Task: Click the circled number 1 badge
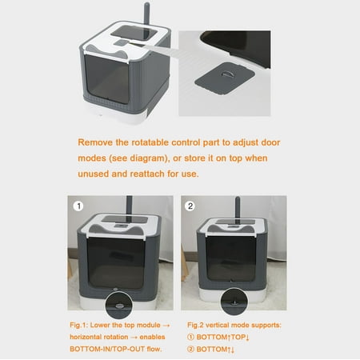coord(78,206)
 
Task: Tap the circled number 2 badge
coord(190,206)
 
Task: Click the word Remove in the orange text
coord(95,142)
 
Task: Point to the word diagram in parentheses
coord(148,158)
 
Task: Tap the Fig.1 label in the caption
coord(78,326)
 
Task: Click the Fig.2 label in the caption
coord(195,326)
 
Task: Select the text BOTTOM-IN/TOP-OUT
coord(107,349)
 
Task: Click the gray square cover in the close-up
coord(225,78)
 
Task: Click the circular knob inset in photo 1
coord(118,305)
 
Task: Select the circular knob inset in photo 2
coord(234,302)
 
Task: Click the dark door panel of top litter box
coord(107,79)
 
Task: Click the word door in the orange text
coord(270,142)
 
